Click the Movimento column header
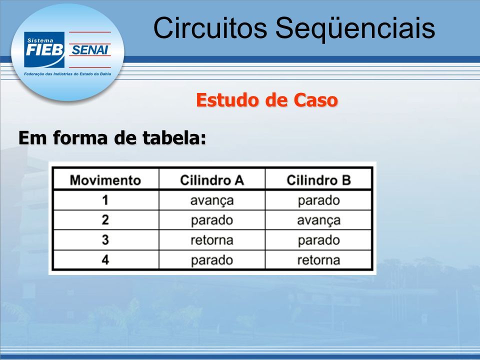coord(105,180)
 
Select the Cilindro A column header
coord(212,180)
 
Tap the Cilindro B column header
coord(318,180)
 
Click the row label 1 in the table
coord(105,200)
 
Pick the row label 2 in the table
coord(105,220)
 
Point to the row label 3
coord(105,239)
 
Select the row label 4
coord(105,260)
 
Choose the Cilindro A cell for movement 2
coord(212,220)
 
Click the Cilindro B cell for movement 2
coord(318,220)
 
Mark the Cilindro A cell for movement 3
coord(212,240)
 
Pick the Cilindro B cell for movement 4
coord(318,260)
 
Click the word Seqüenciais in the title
coord(355,28)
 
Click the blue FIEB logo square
coord(44,49)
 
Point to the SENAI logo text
coord(90,50)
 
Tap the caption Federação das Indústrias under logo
coord(67,74)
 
